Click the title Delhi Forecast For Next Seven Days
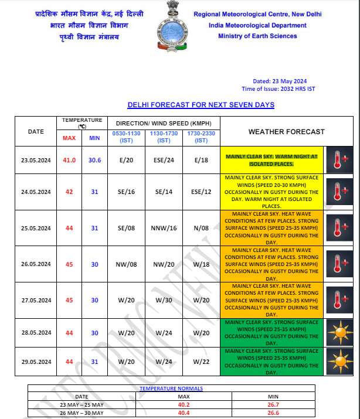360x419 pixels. pos(201,105)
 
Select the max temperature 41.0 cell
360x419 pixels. pos(69,160)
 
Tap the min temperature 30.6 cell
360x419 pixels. pos(94,160)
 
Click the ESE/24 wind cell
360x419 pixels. pos(164,160)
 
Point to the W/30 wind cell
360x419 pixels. pos(164,299)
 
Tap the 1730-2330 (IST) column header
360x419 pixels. pos(201,137)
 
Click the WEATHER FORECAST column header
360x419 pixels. pos(286,132)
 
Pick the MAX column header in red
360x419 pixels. pos(69,138)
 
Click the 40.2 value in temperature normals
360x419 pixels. pos(179,404)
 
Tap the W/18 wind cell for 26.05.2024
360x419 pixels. pos(201,264)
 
